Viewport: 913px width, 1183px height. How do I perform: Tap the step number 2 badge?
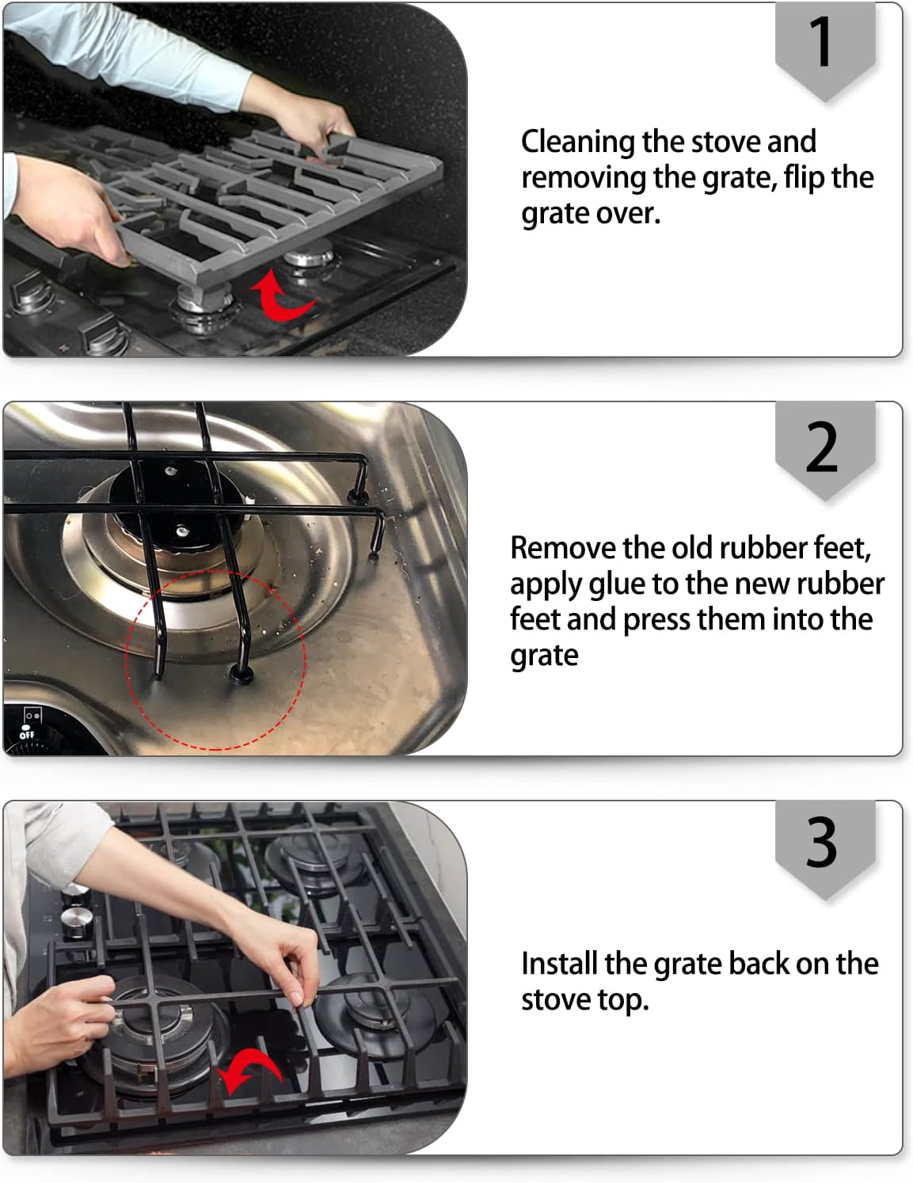[x=824, y=447]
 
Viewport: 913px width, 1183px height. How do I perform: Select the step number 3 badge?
[x=824, y=843]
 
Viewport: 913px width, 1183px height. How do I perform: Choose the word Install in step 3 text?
[x=559, y=964]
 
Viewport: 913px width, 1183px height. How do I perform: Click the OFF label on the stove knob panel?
[x=28, y=735]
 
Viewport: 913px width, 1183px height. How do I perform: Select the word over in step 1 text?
[x=631, y=214]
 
